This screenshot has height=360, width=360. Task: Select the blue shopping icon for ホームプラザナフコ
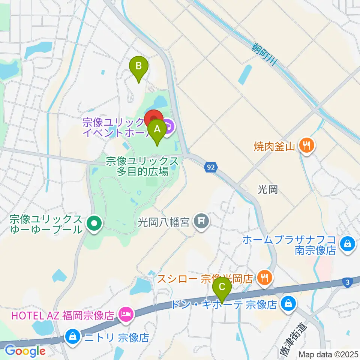tap(348, 244)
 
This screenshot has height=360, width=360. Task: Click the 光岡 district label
tap(268, 190)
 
